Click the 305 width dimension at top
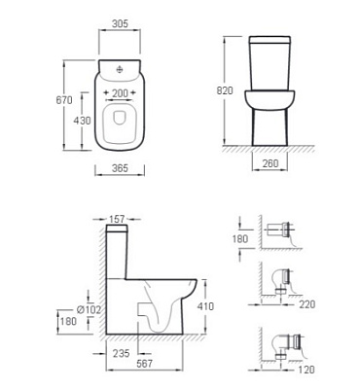pos(120,23)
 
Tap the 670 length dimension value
pos(64,100)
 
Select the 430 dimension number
pos(82,121)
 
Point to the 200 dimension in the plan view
pos(120,93)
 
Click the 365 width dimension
pos(120,168)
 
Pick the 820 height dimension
pos(225,90)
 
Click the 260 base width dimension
pos(270,163)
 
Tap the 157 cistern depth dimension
pos(117,219)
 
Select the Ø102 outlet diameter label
pos(89,309)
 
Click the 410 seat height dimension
pos(205,306)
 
